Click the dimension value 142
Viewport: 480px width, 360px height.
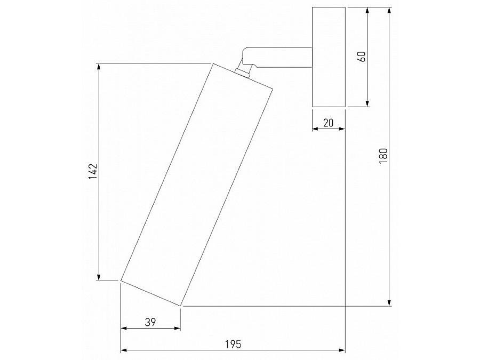(x=93, y=172)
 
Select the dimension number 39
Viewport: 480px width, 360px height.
(x=150, y=322)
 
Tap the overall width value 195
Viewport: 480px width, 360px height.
(x=233, y=345)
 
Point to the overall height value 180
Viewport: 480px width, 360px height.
(x=383, y=156)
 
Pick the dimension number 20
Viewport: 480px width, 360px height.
(x=328, y=123)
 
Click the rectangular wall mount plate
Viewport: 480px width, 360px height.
(x=329, y=57)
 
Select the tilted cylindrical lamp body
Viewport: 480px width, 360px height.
(x=196, y=185)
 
